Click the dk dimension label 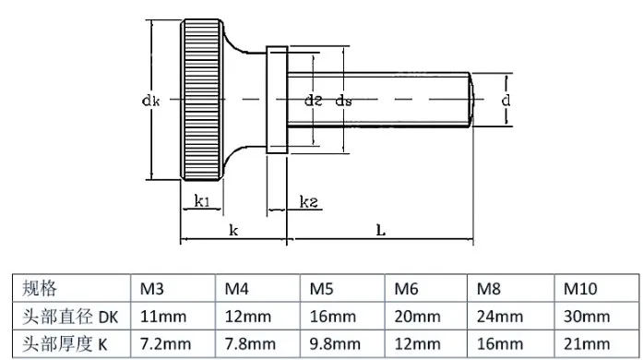(x=150, y=101)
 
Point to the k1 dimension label (x=202, y=201)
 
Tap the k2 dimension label (x=309, y=201)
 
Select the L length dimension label (x=381, y=230)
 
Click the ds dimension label (x=344, y=101)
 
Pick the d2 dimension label (x=314, y=101)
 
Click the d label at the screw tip (x=506, y=101)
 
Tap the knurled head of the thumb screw (x=202, y=100)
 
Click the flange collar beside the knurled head (x=277, y=100)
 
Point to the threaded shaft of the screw (x=379, y=100)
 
